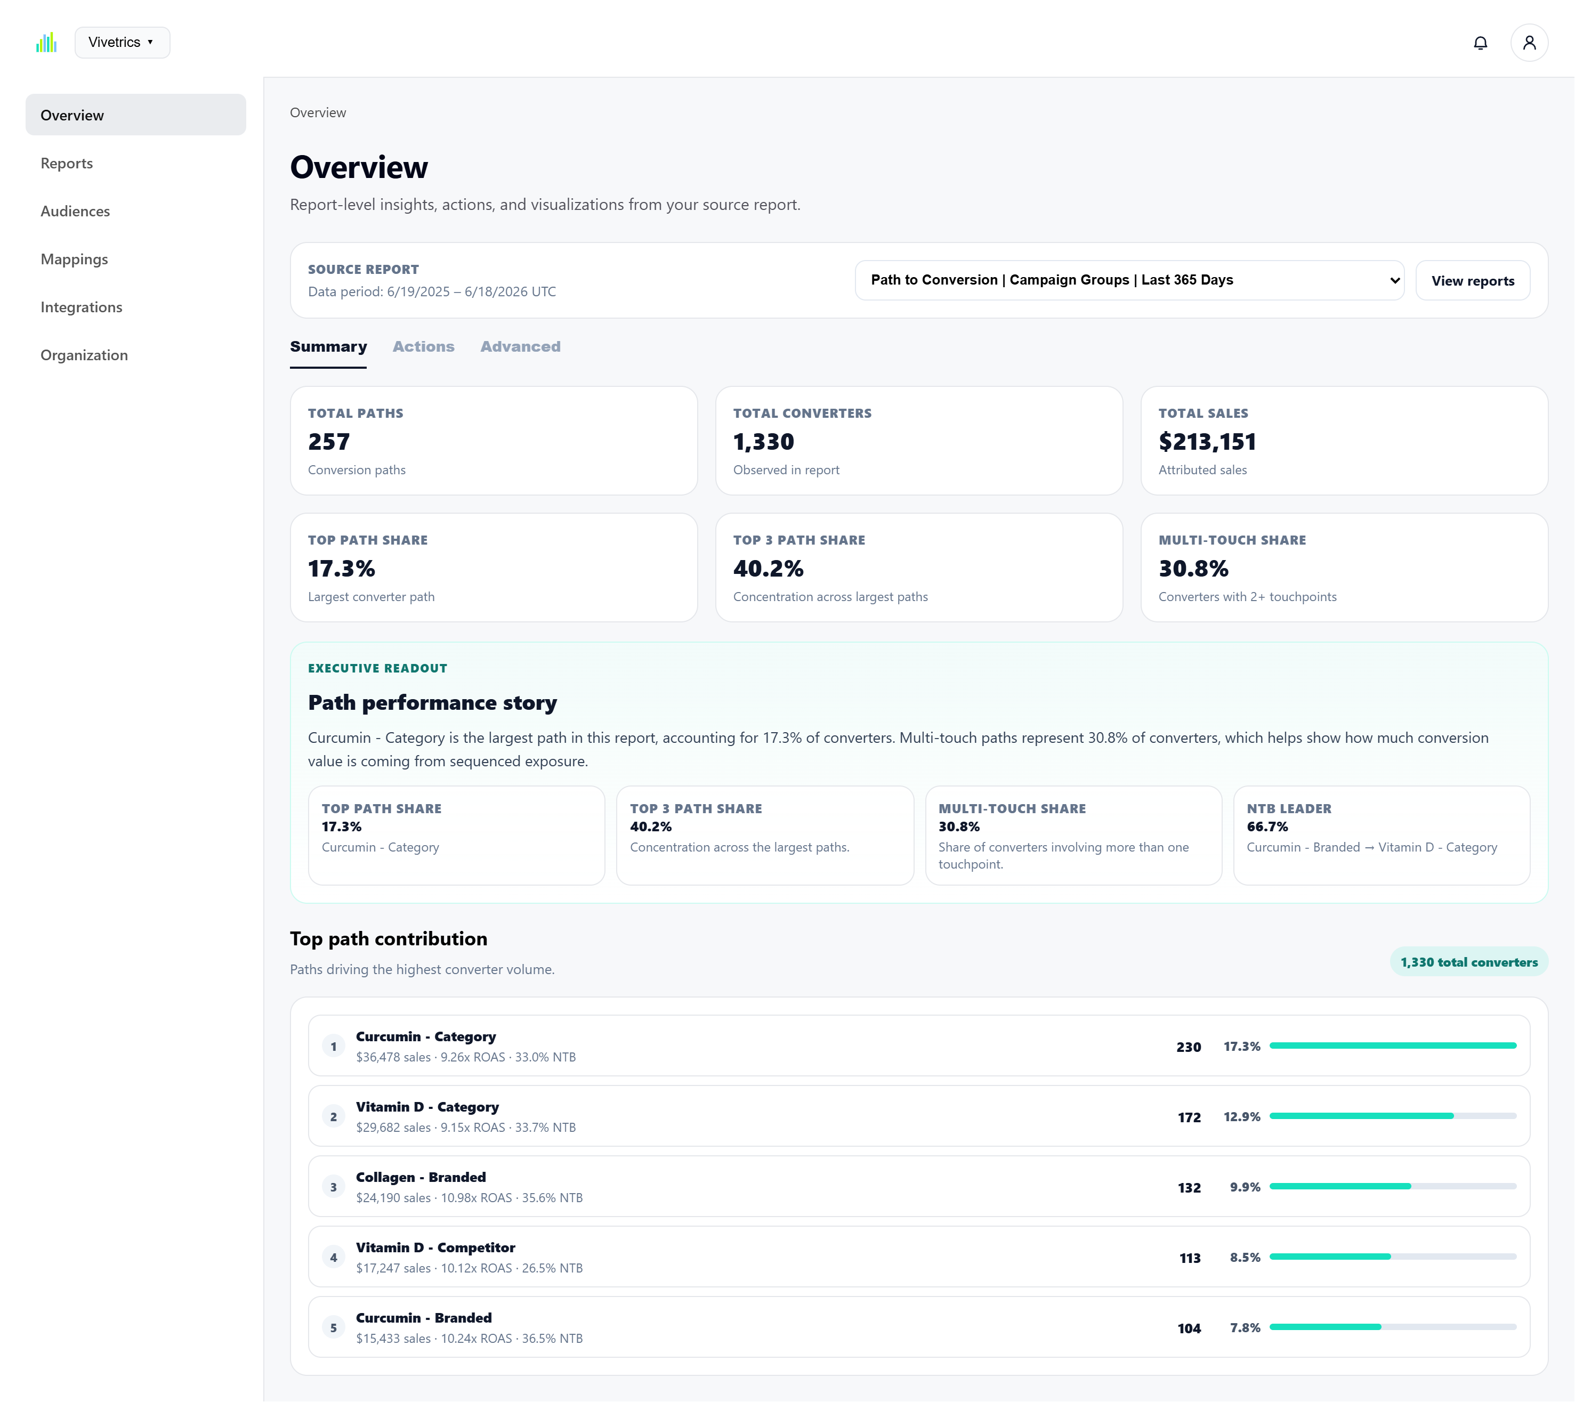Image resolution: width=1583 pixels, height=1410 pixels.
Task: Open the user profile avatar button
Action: (1537, 43)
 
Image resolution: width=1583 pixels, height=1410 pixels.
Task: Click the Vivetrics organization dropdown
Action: (123, 43)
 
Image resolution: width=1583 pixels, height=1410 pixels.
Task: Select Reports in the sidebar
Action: (67, 164)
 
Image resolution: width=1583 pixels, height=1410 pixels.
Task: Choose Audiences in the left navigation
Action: (75, 212)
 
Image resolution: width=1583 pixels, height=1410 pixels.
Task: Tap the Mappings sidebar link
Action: (75, 260)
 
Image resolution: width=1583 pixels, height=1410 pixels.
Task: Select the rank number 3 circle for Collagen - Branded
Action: (335, 1193)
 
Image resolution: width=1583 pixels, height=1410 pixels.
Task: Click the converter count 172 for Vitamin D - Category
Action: (1196, 1123)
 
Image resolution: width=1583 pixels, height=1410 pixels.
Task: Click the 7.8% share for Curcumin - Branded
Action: (1252, 1335)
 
